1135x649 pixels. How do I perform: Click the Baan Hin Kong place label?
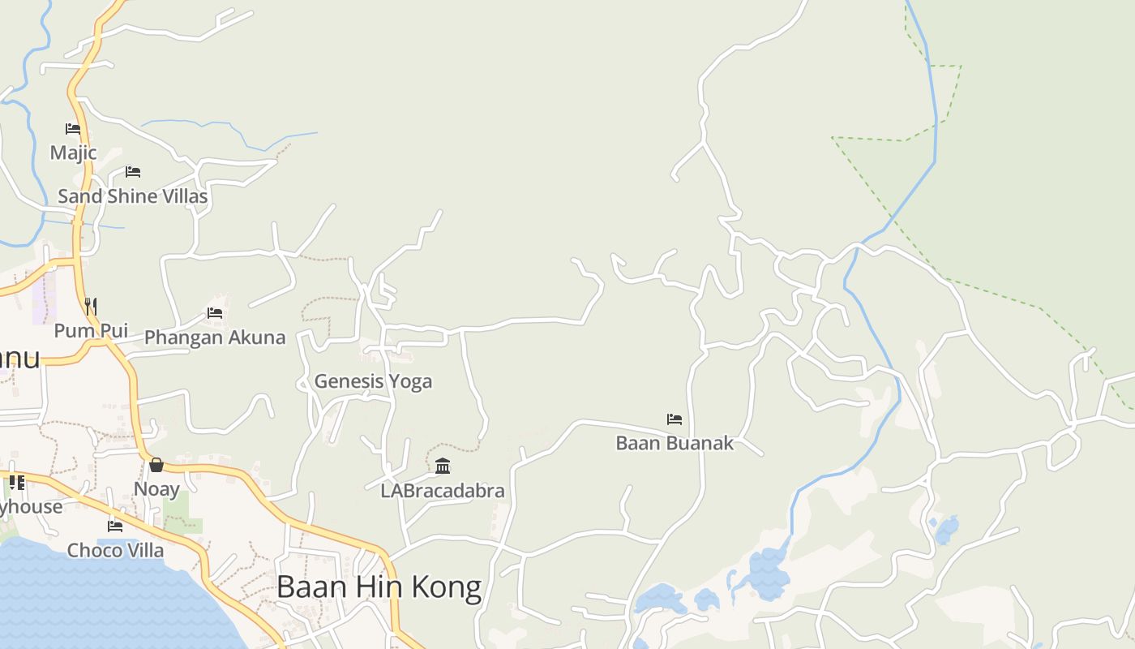tap(379, 587)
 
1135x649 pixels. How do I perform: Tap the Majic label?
tap(73, 153)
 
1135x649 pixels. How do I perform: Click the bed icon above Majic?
tap(73, 128)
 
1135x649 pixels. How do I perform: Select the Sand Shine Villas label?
tap(132, 196)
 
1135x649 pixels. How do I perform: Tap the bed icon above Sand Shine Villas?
tap(133, 172)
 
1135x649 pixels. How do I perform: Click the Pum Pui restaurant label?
tap(91, 331)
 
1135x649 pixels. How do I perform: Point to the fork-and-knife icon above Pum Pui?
tap(91, 307)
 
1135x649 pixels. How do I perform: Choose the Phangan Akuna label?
tap(215, 337)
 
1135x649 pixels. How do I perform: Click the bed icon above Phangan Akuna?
tap(215, 313)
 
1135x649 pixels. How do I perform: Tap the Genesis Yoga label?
tap(373, 381)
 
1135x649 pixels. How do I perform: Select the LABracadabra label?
tap(443, 491)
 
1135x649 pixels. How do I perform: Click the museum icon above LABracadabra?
tap(443, 466)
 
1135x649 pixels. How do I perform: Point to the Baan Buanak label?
tap(675, 443)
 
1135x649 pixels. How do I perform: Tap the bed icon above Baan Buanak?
tap(675, 419)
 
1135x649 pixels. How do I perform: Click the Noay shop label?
tap(156, 489)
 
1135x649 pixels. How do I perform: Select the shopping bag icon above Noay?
tap(156, 465)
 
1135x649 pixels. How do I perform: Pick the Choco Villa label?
tap(115, 550)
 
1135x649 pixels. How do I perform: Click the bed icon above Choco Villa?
tap(115, 526)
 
